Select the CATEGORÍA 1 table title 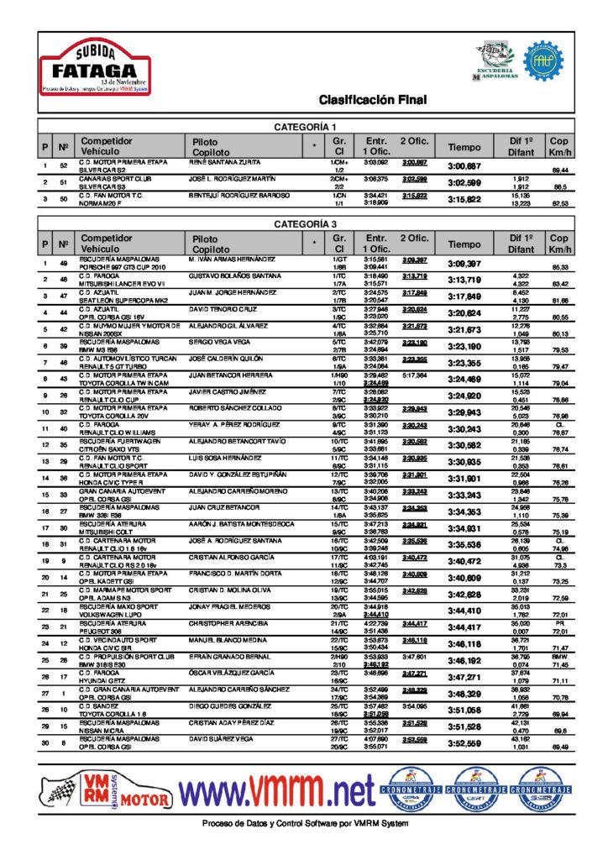tap(306, 126)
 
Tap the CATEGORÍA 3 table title tap(306, 224)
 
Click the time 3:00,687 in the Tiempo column tap(464, 165)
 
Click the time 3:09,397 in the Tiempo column tap(464, 264)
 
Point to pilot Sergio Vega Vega tap(218, 343)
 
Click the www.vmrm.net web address tap(277, 789)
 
